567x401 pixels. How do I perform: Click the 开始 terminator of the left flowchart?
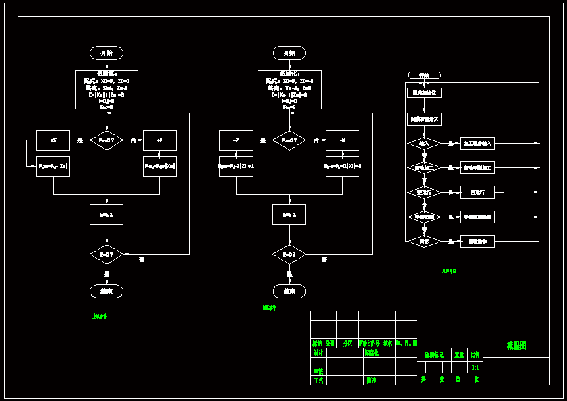click(107, 53)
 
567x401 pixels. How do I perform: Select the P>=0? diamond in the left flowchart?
click(107, 140)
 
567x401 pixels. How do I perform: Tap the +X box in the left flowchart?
click(53, 140)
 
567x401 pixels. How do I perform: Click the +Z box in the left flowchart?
click(160, 140)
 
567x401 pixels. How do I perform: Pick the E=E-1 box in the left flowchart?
click(107, 214)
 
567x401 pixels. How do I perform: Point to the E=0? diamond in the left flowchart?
click(107, 255)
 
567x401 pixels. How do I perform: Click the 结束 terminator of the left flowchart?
click(107, 291)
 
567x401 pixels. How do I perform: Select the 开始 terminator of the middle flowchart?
click(289, 53)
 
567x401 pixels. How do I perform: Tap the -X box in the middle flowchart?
click(342, 140)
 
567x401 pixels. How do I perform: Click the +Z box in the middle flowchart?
click(236, 140)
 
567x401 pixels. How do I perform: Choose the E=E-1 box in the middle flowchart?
click(289, 214)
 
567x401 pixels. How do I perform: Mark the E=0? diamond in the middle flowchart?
click(289, 255)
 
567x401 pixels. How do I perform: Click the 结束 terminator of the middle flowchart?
click(289, 291)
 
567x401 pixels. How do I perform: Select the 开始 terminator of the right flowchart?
click(424, 75)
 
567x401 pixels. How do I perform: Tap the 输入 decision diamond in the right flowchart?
click(424, 143)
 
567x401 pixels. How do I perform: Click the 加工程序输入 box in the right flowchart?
click(477, 143)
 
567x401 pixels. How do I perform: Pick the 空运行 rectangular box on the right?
click(477, 192)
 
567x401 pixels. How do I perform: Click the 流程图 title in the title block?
click(516, 345)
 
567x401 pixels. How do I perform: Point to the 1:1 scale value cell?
click(475, 367)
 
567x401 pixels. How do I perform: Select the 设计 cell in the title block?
click(318, 352)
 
